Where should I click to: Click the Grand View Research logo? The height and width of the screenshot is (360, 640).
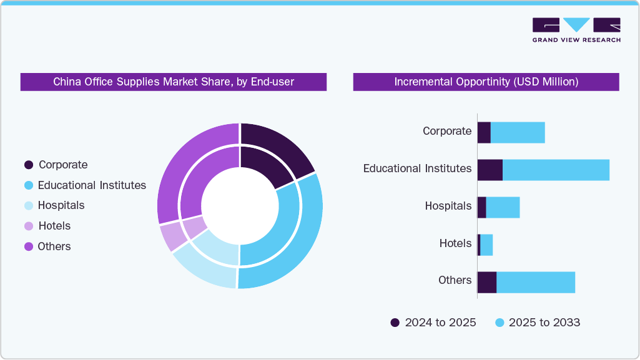tap(576, 29)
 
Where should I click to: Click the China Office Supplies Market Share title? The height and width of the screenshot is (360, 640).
tap(173, 82)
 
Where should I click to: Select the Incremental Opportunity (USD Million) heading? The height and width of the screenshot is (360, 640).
tap(486, 82)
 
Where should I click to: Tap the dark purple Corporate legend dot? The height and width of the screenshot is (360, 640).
tap(29, 165)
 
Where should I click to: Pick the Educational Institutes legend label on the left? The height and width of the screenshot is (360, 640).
tap(92, 185)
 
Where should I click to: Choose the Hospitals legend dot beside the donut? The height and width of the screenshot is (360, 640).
tap(29, 205)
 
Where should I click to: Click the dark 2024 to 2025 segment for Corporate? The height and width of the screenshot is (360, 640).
tap(484, 132)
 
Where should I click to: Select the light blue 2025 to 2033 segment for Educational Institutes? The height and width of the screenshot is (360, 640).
tap(556, 170)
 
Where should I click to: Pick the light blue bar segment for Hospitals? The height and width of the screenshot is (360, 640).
tap(503, 207)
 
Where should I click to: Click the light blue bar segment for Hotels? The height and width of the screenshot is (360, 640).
tap(486, 245)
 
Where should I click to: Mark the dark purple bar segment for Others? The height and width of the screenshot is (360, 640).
tap(487, 282)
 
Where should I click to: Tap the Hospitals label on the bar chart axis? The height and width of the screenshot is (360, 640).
tap(448, 206)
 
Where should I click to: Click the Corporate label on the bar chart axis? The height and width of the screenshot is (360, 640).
tap(447, 131)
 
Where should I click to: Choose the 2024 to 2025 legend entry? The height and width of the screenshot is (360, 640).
tap(433, 323)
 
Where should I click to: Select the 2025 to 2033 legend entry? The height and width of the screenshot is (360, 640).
tap(537, 323)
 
